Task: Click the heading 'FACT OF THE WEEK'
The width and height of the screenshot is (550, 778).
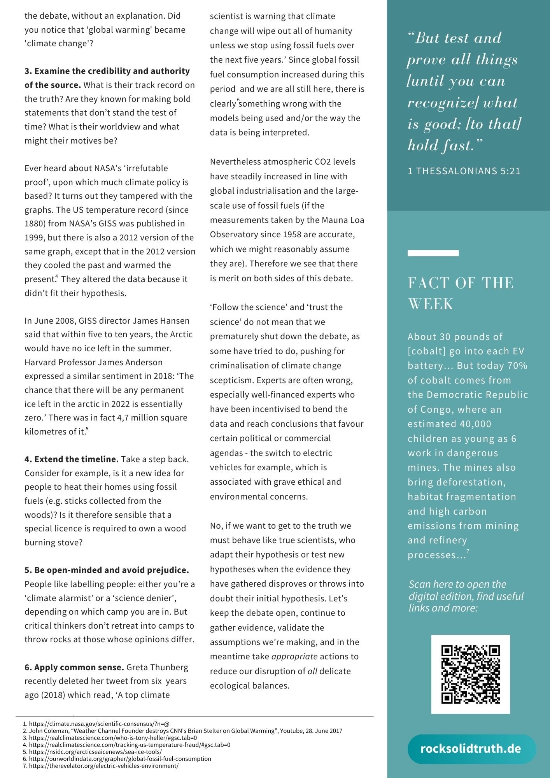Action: click(461, 293)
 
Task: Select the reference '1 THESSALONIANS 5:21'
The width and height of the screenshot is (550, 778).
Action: click(464, 171)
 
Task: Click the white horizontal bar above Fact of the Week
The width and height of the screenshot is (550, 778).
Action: click(433, 253)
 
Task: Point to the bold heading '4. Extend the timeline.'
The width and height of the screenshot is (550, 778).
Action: click(72, 459)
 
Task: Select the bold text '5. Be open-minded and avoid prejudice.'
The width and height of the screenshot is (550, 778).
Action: click(107, 570)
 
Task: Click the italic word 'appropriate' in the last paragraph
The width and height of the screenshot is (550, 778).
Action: click(294, 656)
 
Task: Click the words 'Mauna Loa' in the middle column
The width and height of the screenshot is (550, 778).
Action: click(343, 220)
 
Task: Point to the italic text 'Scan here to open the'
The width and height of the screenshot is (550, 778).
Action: click(457, 584)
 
